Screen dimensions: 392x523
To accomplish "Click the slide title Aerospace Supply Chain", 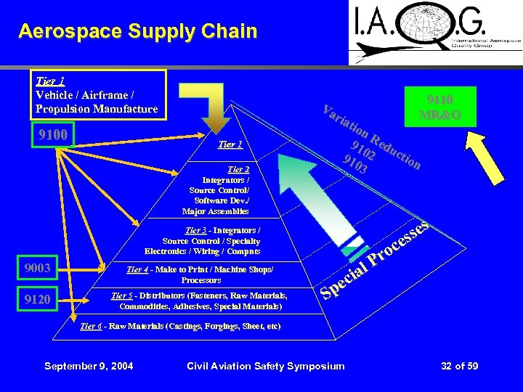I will (x=138, y=31).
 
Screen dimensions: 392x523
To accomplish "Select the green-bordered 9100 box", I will (x=52, y=135).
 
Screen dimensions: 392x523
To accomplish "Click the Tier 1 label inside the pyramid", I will (x=230, y=144).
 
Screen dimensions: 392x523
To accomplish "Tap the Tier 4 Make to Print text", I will (x=200, y=274).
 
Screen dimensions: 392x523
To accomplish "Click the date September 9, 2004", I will (x=89, y=366).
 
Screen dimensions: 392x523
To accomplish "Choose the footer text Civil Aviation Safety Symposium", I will (x=266, y=366).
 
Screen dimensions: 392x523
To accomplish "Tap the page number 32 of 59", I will (x=460, y=366).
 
